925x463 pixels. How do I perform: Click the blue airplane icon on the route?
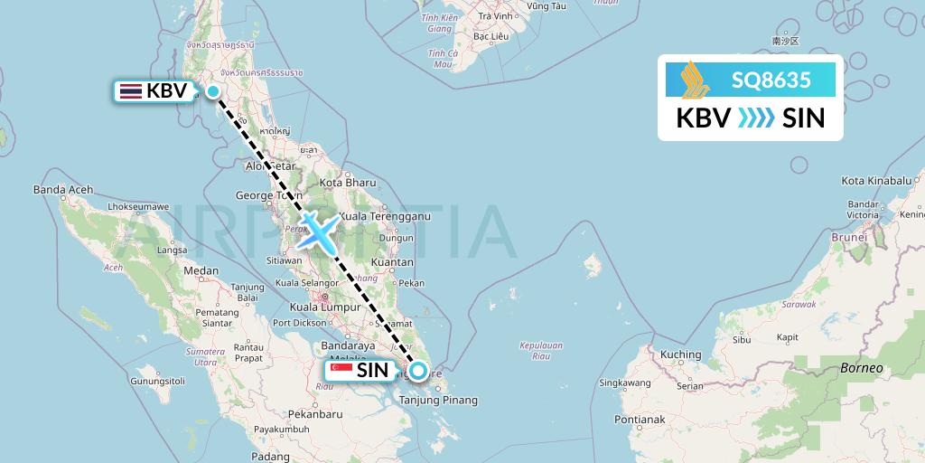[317, 231]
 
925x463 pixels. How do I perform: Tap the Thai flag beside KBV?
[130, 90]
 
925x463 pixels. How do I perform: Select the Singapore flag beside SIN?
[341, 370]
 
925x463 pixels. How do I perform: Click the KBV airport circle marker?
[213, 90]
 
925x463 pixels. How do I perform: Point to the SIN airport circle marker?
[418, 370]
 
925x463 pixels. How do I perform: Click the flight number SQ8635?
[771, 80]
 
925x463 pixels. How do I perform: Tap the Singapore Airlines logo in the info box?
[696, 80]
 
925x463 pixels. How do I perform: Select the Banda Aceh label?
[63, 190]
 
